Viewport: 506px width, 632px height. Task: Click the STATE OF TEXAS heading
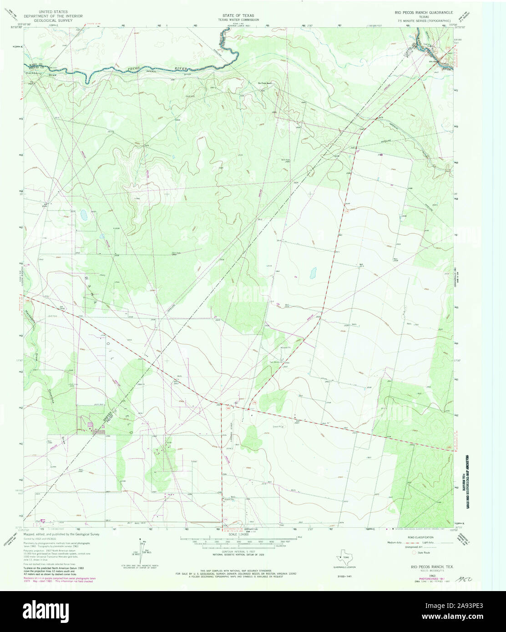pos(235,15)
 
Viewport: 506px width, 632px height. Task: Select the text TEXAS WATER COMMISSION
pos(235,20)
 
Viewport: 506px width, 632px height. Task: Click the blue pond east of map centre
pos(313,273)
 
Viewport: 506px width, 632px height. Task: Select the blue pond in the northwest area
pos(83,215)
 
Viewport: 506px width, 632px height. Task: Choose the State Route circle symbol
pos(414,553)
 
